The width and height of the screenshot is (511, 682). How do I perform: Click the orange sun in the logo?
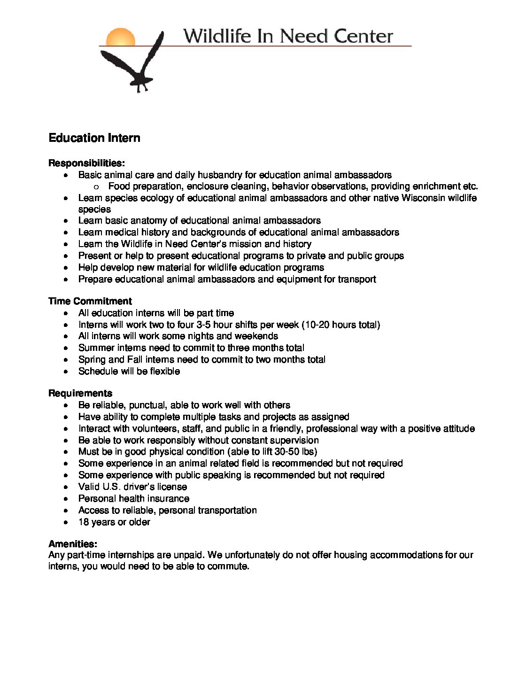(121, 37)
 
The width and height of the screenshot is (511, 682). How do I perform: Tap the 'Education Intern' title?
(94, 138)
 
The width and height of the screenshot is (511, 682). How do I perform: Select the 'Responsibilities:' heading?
(86, 163)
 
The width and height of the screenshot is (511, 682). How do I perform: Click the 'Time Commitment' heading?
(90, 301)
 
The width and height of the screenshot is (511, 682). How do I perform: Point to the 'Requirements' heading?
(80, 393)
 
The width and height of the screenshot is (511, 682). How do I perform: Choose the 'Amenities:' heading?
(73, 544)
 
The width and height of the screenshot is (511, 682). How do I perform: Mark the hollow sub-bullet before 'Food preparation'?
(97, 186)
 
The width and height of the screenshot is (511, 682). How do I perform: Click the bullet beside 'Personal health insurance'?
(68, 499)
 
